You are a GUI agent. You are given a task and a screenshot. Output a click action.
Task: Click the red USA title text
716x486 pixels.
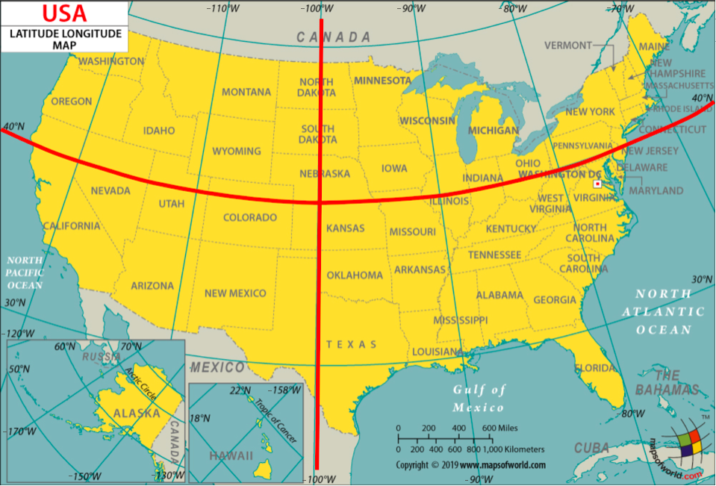64,13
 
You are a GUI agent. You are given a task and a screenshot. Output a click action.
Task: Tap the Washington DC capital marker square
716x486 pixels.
597,183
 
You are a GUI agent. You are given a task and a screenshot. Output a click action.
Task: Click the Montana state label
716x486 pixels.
246,92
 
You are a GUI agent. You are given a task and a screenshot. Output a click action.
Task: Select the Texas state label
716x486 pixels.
351,344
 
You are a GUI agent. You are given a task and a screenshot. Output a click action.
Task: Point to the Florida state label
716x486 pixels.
595,368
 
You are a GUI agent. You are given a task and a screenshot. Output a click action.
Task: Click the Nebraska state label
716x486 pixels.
325,173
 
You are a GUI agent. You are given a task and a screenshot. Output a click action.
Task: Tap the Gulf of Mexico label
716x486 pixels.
479,399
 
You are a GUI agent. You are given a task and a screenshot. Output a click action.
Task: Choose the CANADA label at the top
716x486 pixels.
333,37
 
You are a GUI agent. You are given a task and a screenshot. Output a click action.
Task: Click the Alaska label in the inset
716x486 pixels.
137,413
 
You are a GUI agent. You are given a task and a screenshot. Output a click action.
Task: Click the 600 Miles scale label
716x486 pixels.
499,428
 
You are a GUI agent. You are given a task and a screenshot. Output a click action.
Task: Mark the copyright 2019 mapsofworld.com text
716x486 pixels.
470,465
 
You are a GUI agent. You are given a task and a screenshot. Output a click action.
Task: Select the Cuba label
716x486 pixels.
591,448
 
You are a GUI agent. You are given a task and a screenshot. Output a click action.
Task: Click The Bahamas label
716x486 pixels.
667,382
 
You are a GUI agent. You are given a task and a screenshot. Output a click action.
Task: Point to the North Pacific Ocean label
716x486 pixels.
25,272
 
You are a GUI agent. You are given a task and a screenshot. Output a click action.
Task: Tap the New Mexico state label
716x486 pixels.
235,293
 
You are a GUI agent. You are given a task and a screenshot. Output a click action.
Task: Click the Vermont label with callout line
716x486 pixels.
568,46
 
